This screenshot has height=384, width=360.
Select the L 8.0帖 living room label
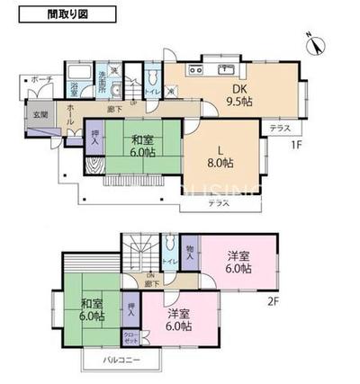pos(220,157)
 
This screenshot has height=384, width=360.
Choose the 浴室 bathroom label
pos(76,88)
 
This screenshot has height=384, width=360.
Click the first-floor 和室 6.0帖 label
pos(142,147)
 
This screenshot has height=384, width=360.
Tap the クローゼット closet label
pos(131,337)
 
